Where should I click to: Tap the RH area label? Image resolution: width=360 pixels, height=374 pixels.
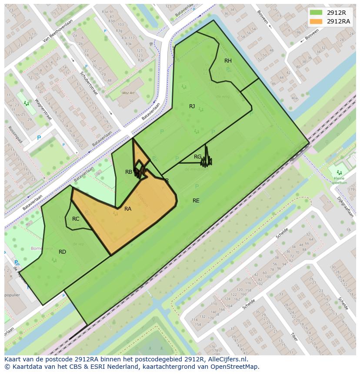coord(228,61)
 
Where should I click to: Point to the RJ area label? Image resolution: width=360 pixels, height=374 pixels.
coord(192,106)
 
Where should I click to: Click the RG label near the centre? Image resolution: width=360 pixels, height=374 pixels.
coord(197,157)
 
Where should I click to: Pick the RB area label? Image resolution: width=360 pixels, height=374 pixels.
coord(129,172)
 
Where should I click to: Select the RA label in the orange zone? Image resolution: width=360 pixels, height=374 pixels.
coord(128,209)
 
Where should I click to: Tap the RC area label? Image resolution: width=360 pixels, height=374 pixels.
coord(76,219)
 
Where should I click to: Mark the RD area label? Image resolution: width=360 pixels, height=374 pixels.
coord(62,252)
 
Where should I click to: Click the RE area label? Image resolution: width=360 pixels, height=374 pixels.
coord(196,201)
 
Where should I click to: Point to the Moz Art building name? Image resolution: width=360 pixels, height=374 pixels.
coord(129,93)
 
